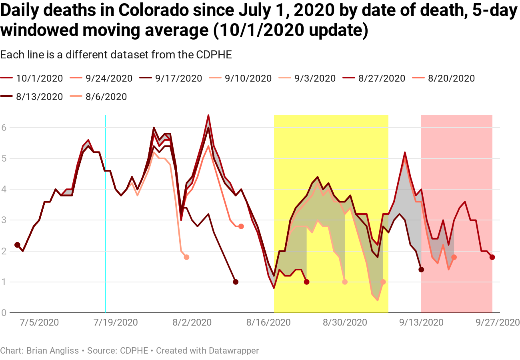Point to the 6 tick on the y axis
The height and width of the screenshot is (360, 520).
pos(4,128)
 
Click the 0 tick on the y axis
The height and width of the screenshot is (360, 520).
pos(4,313)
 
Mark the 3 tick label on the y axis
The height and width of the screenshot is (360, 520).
pos(4,220)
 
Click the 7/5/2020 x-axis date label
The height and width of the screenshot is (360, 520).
pos(40,322)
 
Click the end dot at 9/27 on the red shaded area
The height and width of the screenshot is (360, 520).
pos(492,257)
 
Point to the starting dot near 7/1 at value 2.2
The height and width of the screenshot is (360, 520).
pos(17,245)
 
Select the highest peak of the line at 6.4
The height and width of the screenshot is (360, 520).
pos(208,116)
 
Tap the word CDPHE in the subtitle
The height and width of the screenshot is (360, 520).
pos(214,54)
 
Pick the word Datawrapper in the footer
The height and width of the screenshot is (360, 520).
pos(234,351)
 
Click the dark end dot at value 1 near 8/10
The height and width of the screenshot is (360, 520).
pos(236,282)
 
